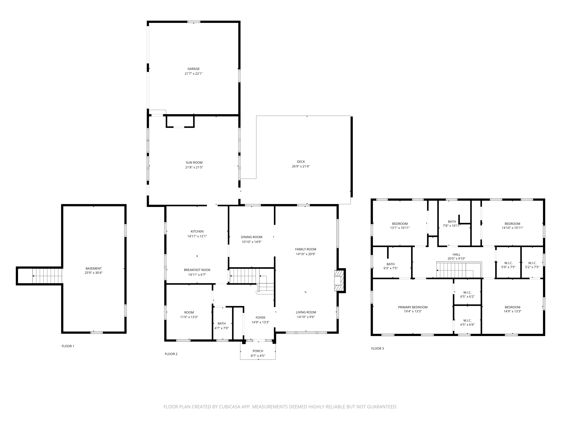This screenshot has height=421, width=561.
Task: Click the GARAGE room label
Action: click(x=194, y=69)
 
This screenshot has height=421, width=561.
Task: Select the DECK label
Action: click(x=301, y=162)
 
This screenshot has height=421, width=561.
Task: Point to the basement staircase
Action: click(x=47, y=276)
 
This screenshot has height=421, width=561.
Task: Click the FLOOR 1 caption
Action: click(x=68, y=346)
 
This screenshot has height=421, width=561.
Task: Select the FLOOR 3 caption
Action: click(x=377, y=348)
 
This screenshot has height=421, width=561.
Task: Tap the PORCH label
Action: click(x=258, y=351)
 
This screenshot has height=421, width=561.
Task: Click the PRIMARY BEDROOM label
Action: click(x=413, y=307)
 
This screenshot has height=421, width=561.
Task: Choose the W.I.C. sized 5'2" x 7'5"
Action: click(x=532, y=265)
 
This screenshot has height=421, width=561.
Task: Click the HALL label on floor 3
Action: click(x=456, y=255)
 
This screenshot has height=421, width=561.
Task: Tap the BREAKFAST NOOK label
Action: click(x=197, y=270)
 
